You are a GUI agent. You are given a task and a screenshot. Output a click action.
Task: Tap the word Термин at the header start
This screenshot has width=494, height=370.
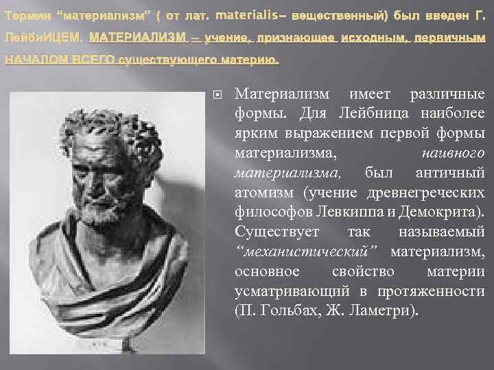click(x=27, y=16)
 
